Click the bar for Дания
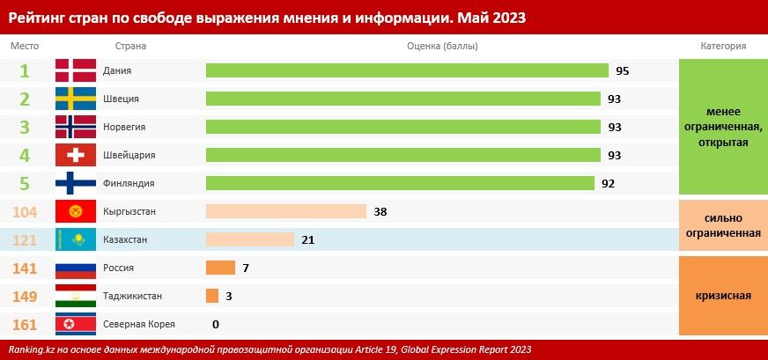click(x=407, y=70)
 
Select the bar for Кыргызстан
click(x=285, y=211)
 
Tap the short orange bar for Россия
click(x=220, y=268)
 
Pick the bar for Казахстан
click(x=249, y=239)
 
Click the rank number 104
click(x=25, y=211)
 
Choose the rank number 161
click(x=25, y=324)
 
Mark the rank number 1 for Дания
click(x=25, y=70)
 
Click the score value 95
click(x=623, y=70)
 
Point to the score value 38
click(x=380, y=211)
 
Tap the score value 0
click(x=216, y=324)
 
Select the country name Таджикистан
click(x=132, y=296)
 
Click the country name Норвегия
click(x=124, y=127)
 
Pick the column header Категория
click(x=723, y=46)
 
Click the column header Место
click(x=24, y=46)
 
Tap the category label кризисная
click(x=723, y=296)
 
